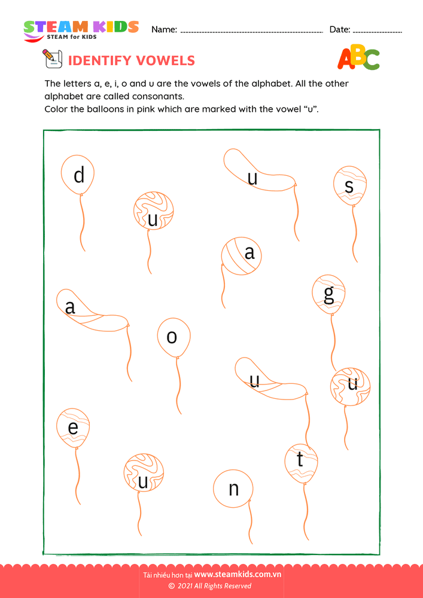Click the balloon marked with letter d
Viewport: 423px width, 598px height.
pos(78,175)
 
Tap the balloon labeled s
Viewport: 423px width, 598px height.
pos(350,186)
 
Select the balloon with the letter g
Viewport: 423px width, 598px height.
pos(328,295)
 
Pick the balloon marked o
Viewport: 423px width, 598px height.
pos(174,337)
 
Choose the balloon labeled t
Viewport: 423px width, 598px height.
pos(301,461)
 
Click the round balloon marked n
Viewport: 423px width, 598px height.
pos(233,489)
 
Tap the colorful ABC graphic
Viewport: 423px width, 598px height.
pos(358,58)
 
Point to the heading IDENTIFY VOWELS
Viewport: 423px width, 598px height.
pos(132,60)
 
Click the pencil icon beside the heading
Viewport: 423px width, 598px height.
pos(52,59)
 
